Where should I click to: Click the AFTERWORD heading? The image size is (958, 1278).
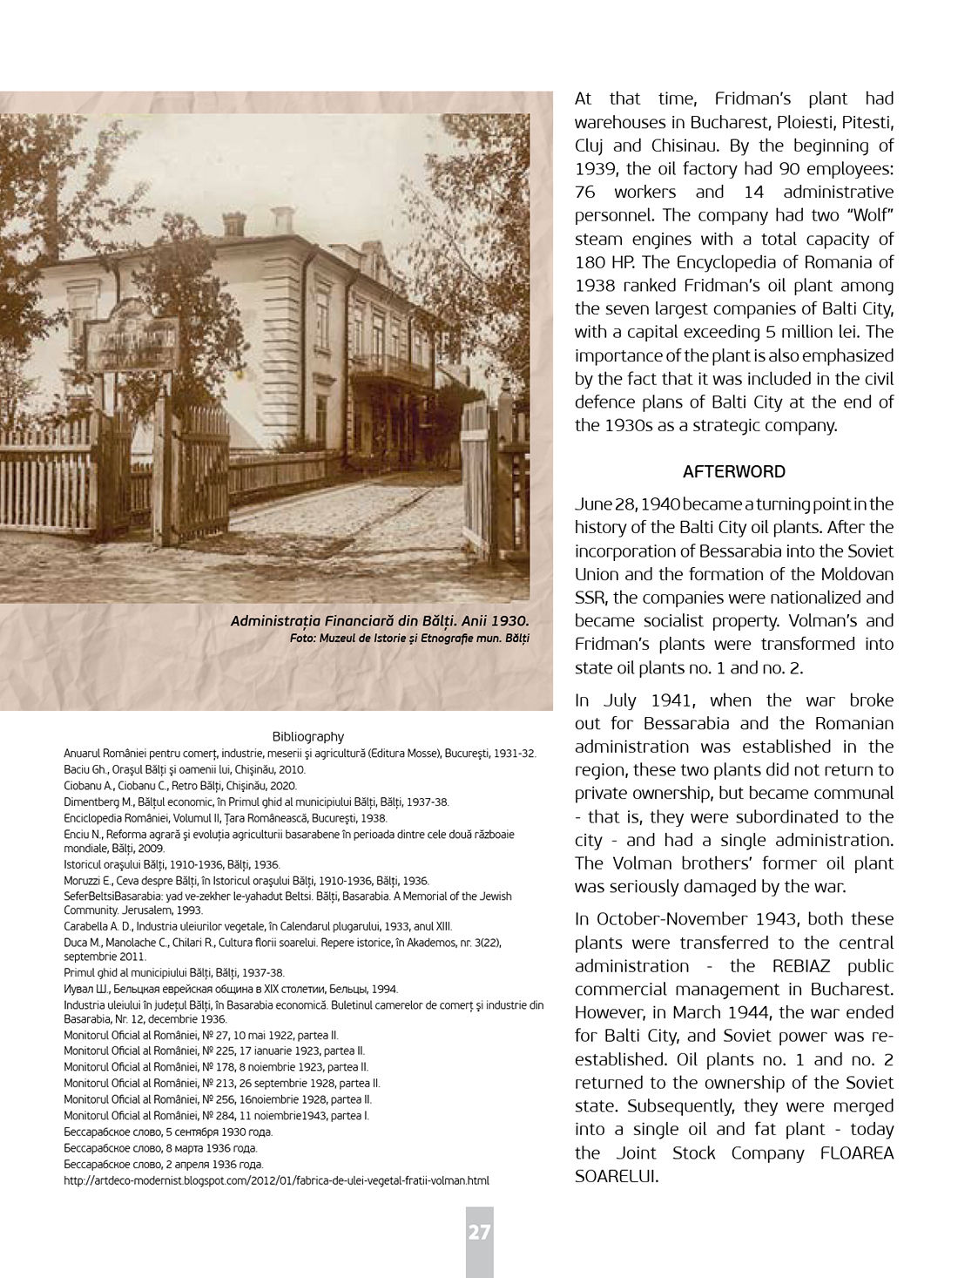tap(733, 472)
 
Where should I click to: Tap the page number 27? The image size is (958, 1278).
tap(479, 1233)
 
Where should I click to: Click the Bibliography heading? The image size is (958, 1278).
tap(307, 736)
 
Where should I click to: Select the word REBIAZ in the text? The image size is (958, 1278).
tap(807, 966)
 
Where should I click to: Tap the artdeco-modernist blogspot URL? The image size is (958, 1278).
tap(276, 1181)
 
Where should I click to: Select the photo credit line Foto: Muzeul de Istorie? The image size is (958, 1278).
tap(409, 638)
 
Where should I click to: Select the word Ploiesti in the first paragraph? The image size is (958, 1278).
tap(745, 122)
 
